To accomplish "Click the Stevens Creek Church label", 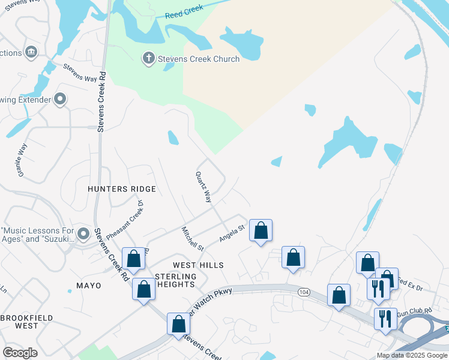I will [x=198, y=59].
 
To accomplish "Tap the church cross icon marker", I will [x=148, y=59].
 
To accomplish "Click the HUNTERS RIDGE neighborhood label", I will [x=122, y=189].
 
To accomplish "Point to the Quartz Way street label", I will [x=203, y=187].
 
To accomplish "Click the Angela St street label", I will [x=233, y=232].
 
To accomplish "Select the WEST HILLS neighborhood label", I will [x=198, y=265].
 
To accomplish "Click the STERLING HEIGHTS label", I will [x=176, y=280].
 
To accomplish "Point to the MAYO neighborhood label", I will [x=89, y=286].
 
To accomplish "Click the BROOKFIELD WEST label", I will [x=27, y=322].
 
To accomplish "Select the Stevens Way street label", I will [x=80, y=73].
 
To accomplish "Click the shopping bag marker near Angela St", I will [x=261, y=230].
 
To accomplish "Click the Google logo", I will [x=20, y=353].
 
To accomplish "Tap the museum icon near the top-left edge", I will [x=32, y=53].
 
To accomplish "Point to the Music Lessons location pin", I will [x=83, y=233].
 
